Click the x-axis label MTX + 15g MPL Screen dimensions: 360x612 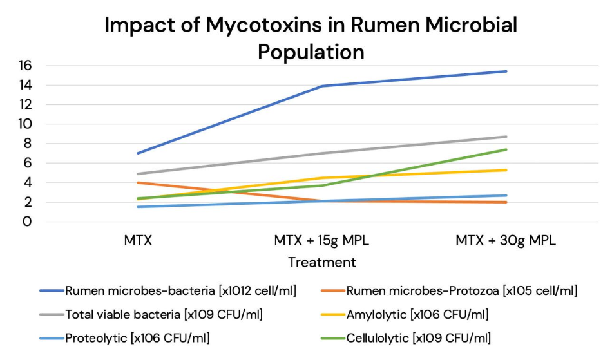tap(322, 242)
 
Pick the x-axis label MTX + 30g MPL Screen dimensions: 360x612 tap(506, 242)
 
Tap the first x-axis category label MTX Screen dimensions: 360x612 tap(139, 242)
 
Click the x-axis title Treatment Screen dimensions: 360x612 tap(322, 263)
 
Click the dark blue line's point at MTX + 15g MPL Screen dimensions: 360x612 tap(322, 86)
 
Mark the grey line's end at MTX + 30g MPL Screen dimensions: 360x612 tap(506, 137)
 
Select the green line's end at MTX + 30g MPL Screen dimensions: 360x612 tap(506, 149)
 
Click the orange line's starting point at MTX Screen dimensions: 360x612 tap(139, 182)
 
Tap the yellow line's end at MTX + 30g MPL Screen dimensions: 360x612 tap(506, 170)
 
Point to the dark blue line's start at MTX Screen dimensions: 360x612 tap(139, 153)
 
